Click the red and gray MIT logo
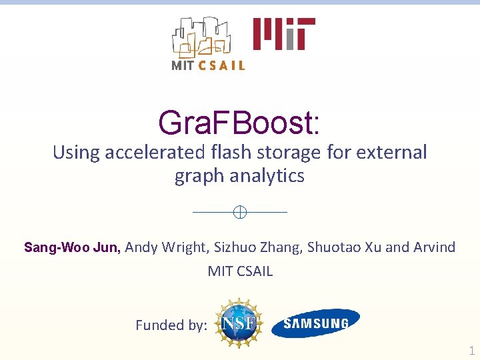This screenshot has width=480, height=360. [283, 33]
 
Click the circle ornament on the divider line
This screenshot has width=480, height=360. [240, 212]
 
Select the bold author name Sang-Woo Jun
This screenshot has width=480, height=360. [72, 247]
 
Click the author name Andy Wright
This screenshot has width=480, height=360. [167, 247]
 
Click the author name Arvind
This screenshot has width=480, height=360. [434, 247]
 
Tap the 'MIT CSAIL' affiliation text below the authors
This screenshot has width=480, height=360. [240, 271]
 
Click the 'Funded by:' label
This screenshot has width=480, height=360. [171, 325]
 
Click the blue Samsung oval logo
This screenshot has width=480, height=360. [316, 323]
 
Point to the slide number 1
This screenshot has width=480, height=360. [471, 351]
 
